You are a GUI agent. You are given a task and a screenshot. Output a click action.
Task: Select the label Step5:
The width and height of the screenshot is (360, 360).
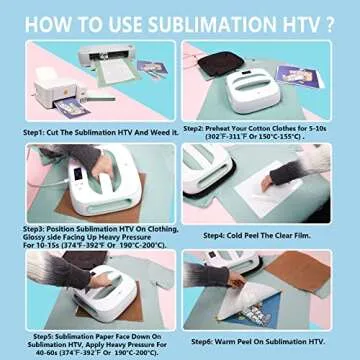tap(47, 334)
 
